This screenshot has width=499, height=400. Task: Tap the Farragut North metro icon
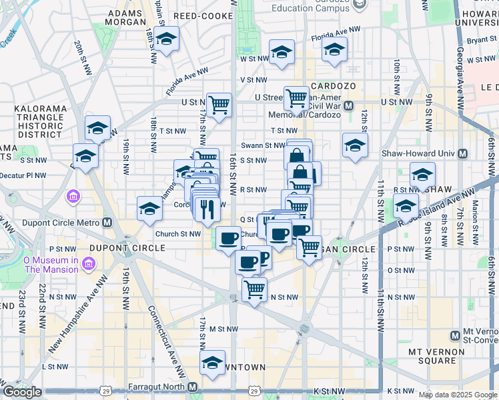pyautogui.click(x=193, y=387)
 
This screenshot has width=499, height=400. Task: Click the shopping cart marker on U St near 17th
pyautogui.click(x=219, y=104)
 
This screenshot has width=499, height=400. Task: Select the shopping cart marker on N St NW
pyautogui.click(x=254, y=289)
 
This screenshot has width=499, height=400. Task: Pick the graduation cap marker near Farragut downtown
pyautogui.click(x=213, y=361)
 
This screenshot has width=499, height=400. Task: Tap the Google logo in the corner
pyautogui.click(x=22, y=392)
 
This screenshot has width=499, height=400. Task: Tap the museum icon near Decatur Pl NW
pyautogui.click(x=73, y=197)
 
